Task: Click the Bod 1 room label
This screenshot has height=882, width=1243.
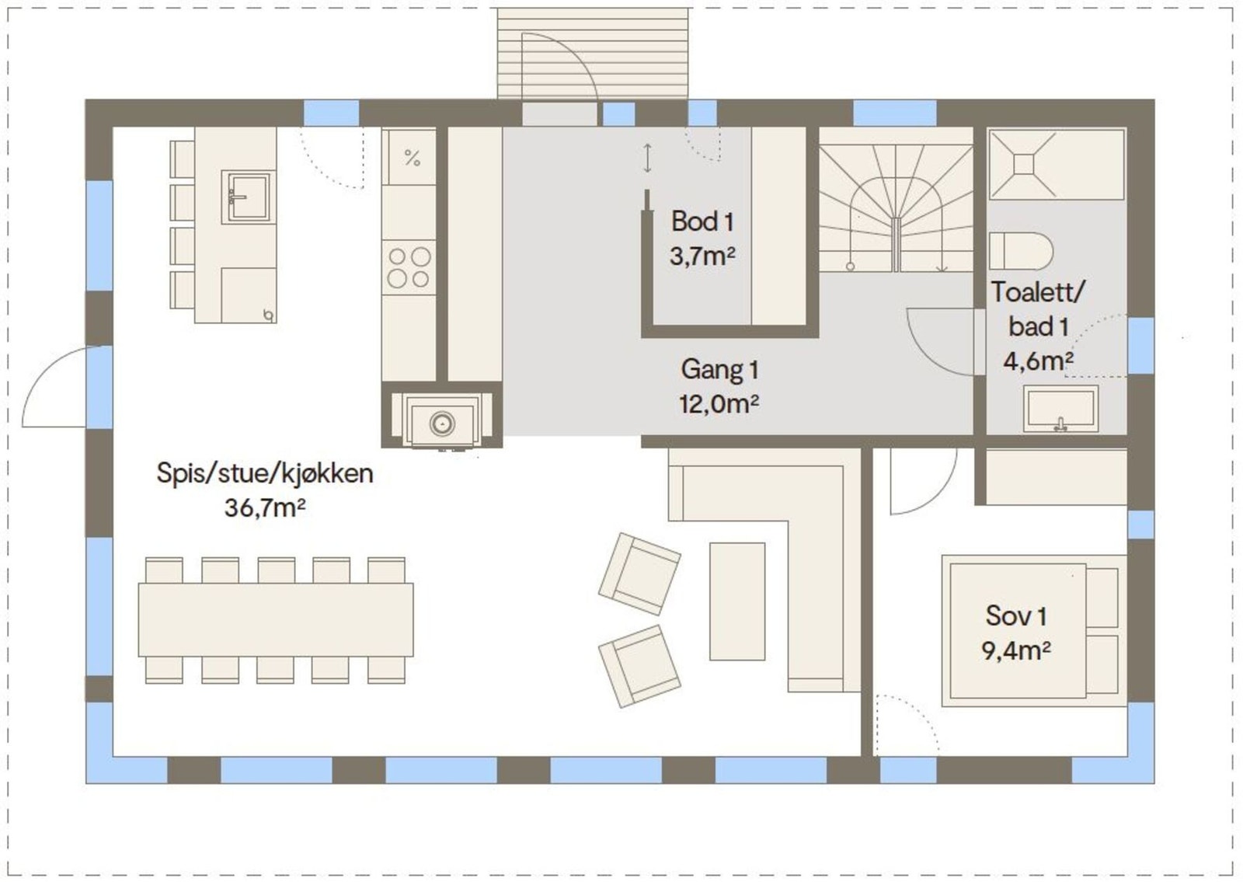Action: tap(702, 221)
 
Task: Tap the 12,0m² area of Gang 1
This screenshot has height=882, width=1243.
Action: tap(719, 404)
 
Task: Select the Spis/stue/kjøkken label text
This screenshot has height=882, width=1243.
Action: tap(264, 472)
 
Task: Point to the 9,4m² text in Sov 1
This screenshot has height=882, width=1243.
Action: tap(1015, 650)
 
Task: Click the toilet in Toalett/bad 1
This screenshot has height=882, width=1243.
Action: tap(1019, 251)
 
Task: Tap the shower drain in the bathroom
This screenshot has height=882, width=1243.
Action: tap(1023, 164)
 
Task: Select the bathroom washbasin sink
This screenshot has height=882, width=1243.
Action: tap(1060, 408)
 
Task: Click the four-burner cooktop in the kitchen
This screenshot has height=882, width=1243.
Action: tap(409, 267)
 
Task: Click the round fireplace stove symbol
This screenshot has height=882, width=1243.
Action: tap(442, 424)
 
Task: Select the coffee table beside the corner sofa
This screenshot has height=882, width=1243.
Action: tap(736, 601)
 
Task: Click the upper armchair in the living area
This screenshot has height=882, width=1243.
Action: tap(639, 573)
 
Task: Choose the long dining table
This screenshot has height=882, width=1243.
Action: tap(276, 620)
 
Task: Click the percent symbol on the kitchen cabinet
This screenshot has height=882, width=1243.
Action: tap(412, 159)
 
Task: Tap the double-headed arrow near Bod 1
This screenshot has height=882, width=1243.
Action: tap(647, 158)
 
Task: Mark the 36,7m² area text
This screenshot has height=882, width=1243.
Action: tap(264, 507)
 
